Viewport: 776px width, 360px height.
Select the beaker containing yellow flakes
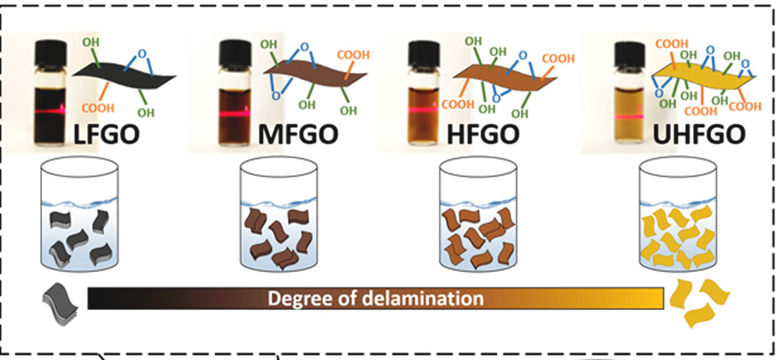coord(678,214)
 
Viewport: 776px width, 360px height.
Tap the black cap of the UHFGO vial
coord(629,51)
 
